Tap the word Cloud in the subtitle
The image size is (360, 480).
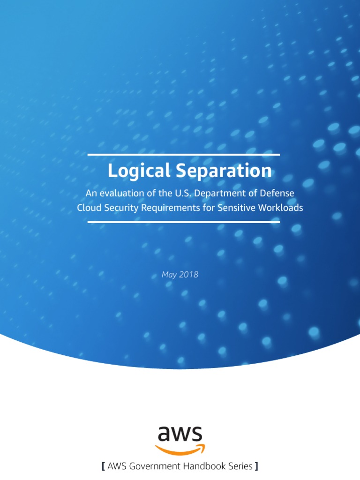pyautogui.click(x=89, y=207)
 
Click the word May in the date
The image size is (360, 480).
pyautogui.click(x=169, y=275)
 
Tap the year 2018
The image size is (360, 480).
pyautogui.click(x=188, y=275)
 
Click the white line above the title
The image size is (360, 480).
pyautogui.click(x=184, y=154)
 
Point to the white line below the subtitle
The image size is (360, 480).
pyautogui.click(x=184, y=222)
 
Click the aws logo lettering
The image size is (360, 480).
pyautogui.click(x=180, y=434)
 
